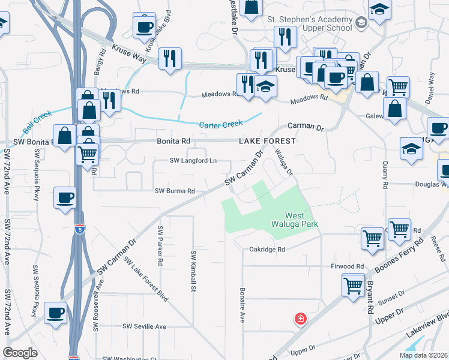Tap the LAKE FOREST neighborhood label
coord(268,141)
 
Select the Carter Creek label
coord(221,124)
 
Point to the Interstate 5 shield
coord(80,229)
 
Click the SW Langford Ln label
coord(193,161)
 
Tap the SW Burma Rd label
coord(175,191)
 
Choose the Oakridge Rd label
coord(267,249)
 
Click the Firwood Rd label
coord(347,266)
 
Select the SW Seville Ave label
coord(144,326)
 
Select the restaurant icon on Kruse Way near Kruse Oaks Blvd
coord(170,59)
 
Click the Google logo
coord(20,353)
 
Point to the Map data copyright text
coord(424,355)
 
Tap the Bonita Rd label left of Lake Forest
coord(173,141)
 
